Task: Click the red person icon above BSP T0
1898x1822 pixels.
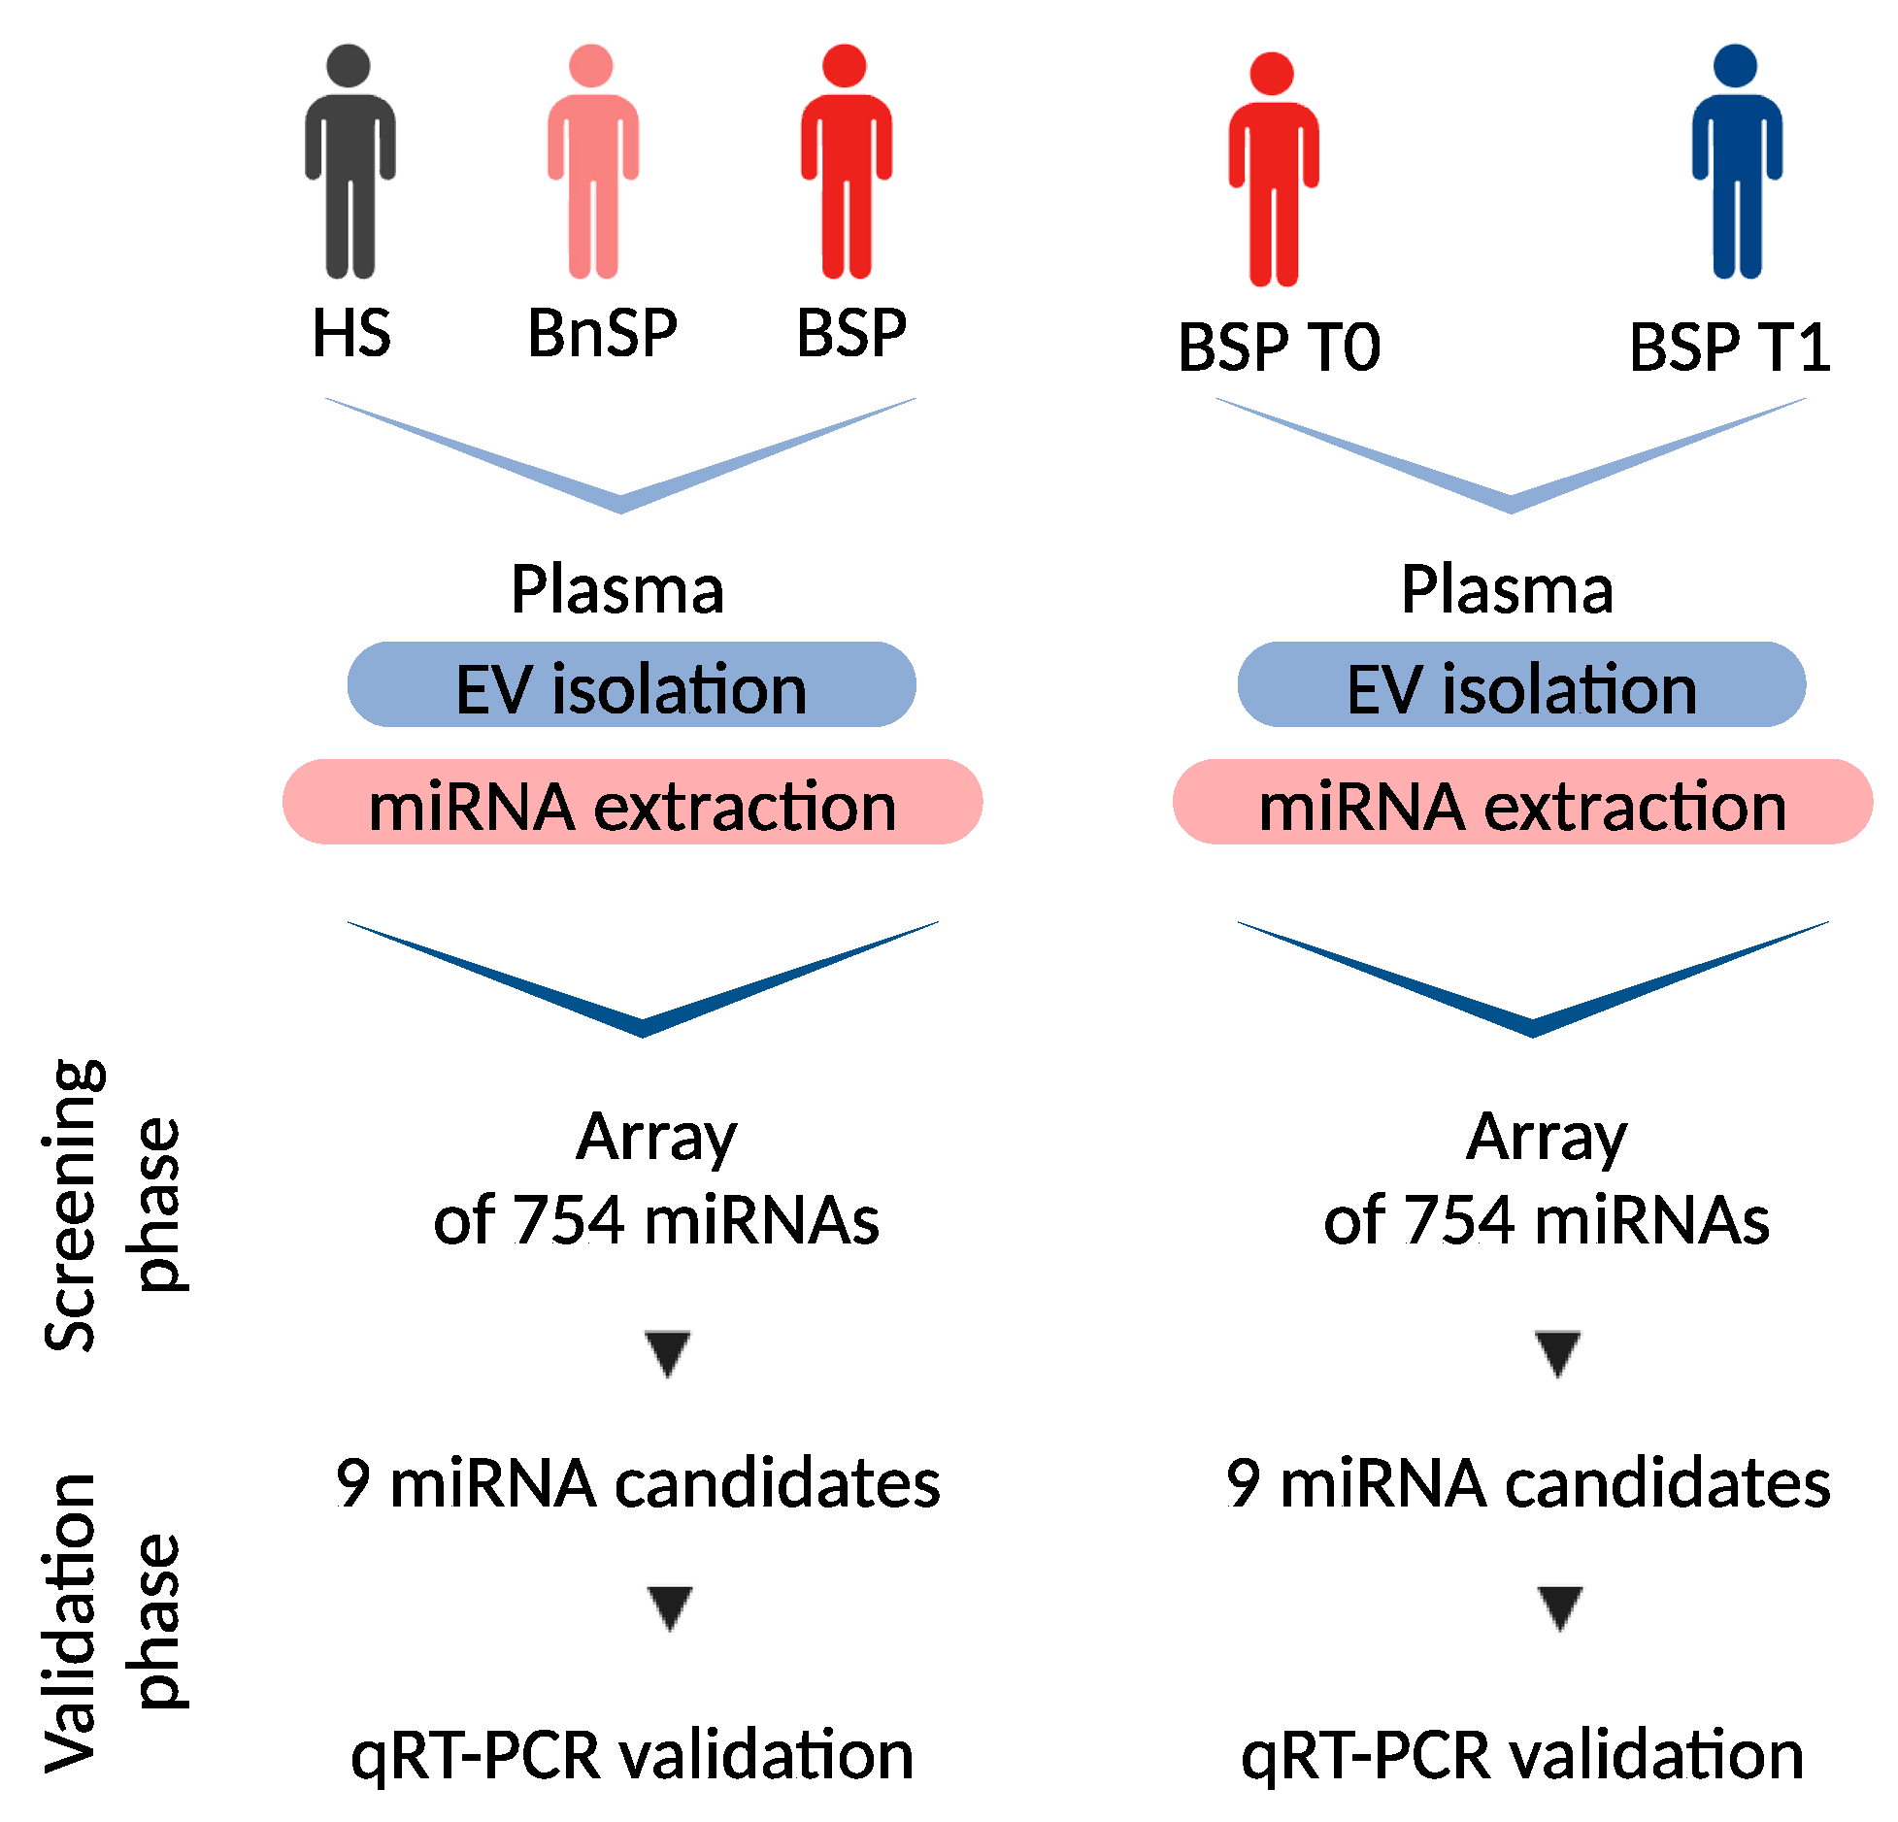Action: (x=1273, y=169)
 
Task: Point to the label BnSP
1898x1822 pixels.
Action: (x=602, y=333)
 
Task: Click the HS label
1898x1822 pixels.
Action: (x=350, y=333)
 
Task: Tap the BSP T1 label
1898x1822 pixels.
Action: (x=1729, y=348)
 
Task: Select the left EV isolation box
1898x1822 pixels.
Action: (x=631, y=685)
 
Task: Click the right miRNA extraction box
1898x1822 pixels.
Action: (x=1521, y=803)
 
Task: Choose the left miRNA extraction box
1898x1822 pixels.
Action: (x=632, y=803)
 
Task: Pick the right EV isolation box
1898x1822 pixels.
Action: (x=1521, y=685)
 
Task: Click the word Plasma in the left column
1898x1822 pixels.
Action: (x=617, y=589)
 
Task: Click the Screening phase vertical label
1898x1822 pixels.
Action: (x=112, y=1205)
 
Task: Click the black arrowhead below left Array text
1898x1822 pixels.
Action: (x=668, y=1352)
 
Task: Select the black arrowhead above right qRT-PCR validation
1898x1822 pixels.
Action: (x=1559, y=1607)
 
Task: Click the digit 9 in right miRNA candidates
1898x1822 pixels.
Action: (x=1243, y=1483)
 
